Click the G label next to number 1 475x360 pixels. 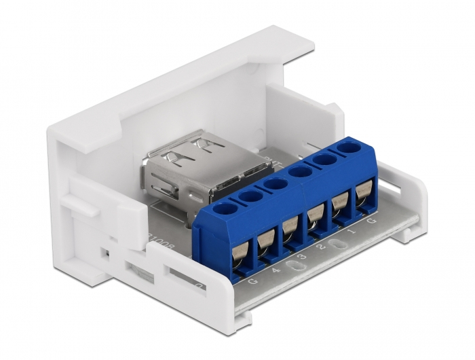(x=370, y=222)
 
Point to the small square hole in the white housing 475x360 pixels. (x=103, y=253)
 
